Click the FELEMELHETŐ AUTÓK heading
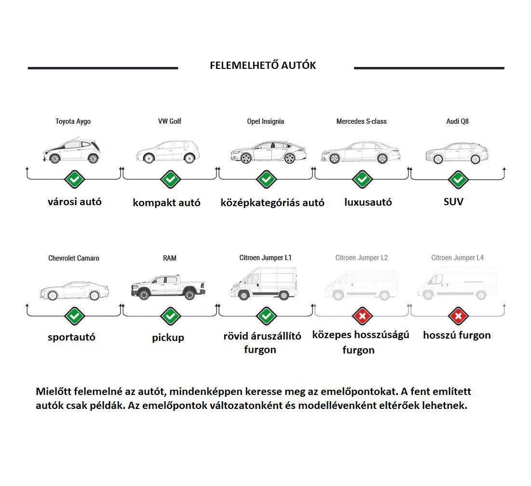tap(263, 66)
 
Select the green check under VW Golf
tap(170, 180)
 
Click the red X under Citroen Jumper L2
tap(362, 316)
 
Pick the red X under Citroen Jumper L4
tap(458, 316)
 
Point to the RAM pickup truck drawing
tap(168, 287)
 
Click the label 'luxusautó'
tap(368, 202)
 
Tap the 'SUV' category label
tap(453, 202)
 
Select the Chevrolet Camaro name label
tap(74, 258)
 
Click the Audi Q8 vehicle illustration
tap(457, 153)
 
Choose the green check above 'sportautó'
tap(74, 316)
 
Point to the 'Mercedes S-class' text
tap(361, 121)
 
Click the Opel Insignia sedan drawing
tap(268, 152)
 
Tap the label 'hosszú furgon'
tap(457, 335)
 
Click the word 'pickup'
tap(168, 338)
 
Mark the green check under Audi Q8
tap(458, 180)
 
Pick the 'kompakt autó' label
tap(166, 202)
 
